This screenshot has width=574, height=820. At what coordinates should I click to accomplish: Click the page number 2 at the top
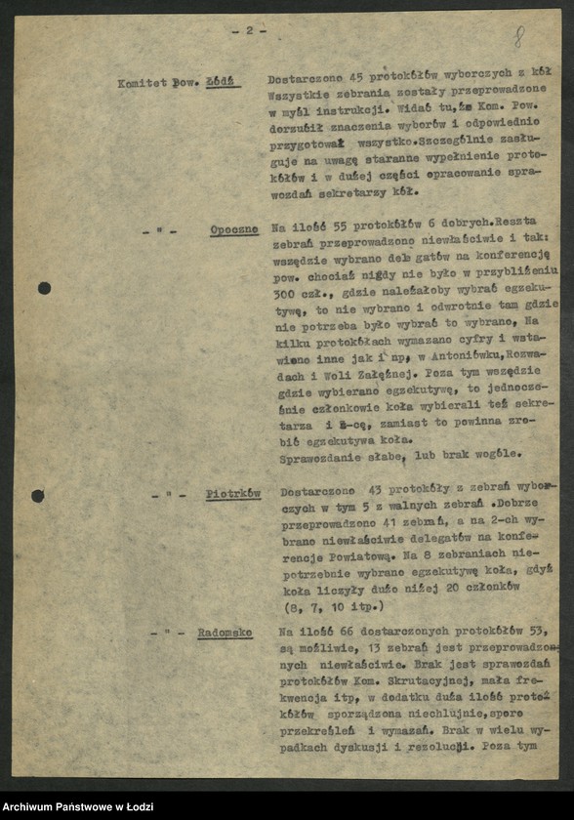point(249,30)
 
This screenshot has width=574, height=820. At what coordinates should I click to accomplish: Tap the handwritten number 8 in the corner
point(519,38)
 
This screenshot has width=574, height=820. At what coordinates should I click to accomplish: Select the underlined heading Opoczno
point(235,230)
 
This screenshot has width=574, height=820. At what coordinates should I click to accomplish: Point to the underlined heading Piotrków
point(233,494)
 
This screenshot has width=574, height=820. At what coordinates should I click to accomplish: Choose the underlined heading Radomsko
point(225,633)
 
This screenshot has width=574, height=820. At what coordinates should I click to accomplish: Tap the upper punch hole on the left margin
point(44,288)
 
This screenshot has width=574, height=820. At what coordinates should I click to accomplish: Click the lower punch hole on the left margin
point(37,496)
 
